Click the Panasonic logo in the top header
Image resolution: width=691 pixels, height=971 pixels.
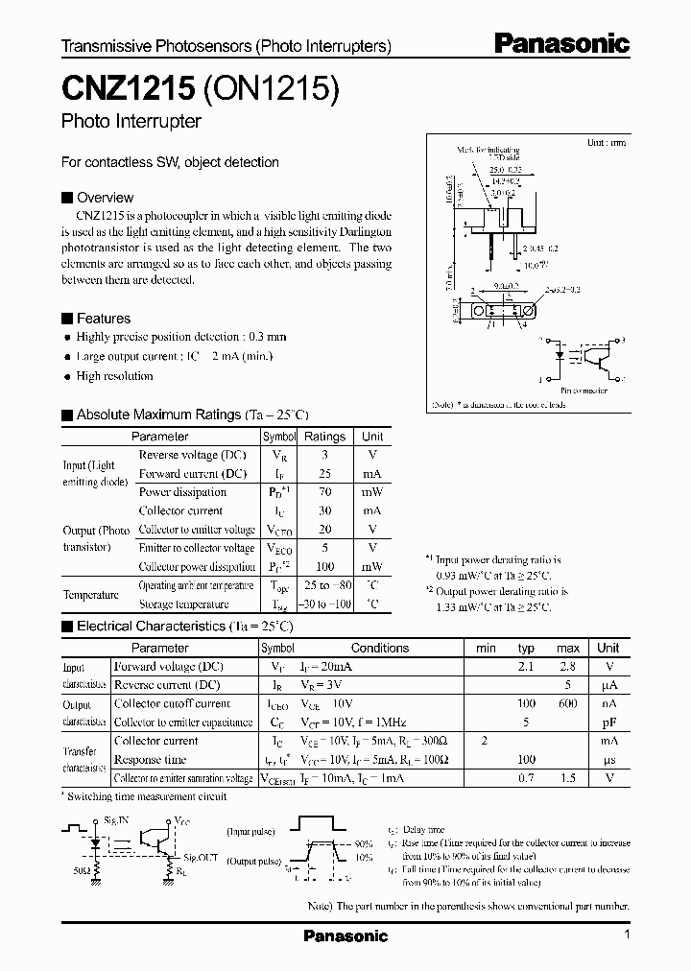(x=561, y=43)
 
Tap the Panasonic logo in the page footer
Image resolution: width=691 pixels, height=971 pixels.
(x=345, y=936)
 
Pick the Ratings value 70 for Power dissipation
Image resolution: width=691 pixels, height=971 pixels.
(x=323, y=492)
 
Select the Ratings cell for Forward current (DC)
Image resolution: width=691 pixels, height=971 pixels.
(x=323, y=474)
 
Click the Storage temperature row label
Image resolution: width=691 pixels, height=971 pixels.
(x=183, y=604)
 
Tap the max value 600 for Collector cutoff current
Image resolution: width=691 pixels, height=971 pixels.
(x=568, y=704)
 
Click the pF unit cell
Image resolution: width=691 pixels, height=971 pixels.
(x=608, y=722)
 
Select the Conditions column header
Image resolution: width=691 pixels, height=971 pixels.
(x=380, y=648)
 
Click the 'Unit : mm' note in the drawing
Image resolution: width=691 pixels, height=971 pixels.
(x=606, y=142)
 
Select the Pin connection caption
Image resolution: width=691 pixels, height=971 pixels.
(x=583, y=391)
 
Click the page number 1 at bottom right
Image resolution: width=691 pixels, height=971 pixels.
(x=626, y=935)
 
